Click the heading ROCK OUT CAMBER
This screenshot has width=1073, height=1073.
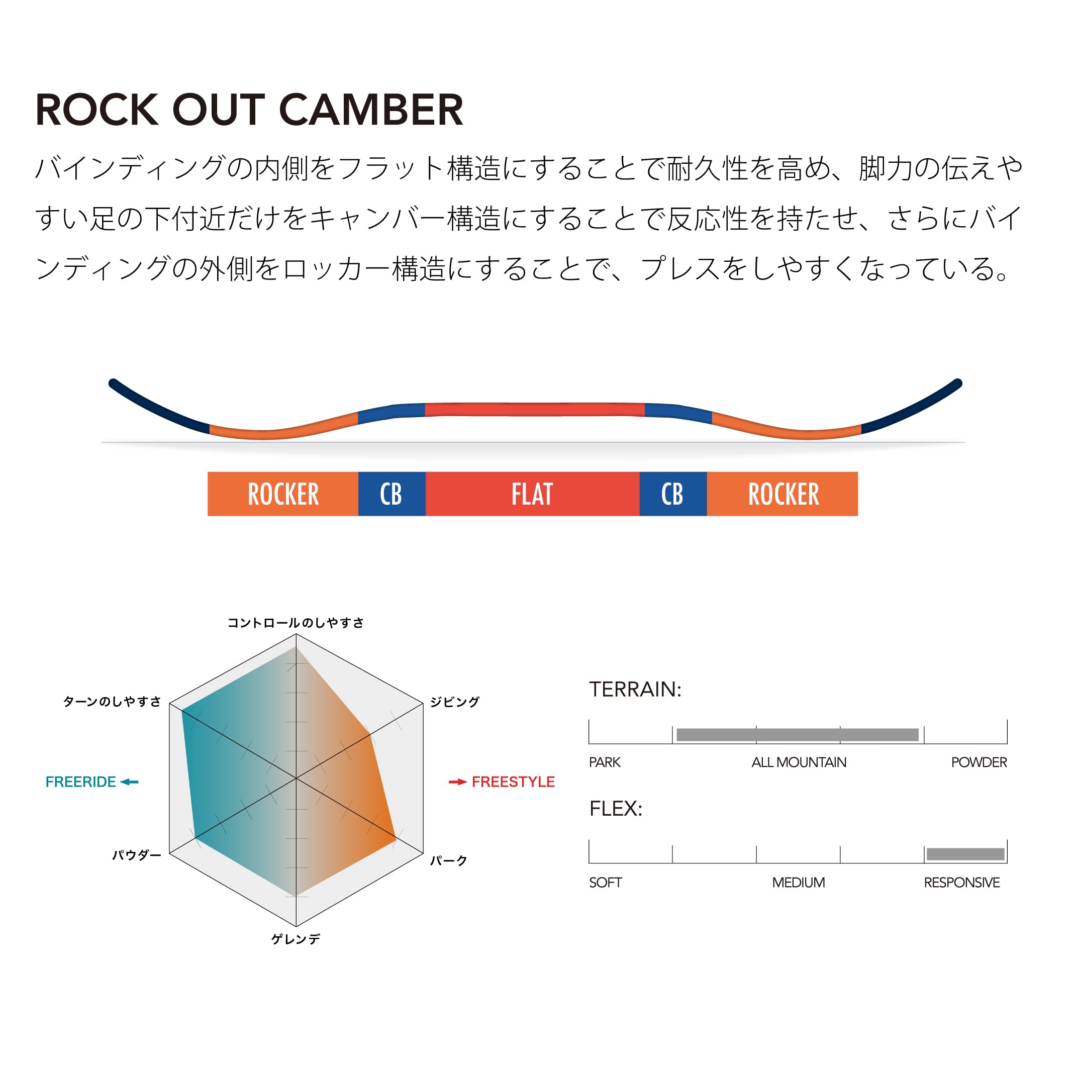pos(249,110)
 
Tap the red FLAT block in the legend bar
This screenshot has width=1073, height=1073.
pos(533,494)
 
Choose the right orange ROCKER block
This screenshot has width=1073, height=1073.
pos(783,494)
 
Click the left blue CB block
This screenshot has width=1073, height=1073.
pos(392,494)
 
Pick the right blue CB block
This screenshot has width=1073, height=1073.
pos(673,494)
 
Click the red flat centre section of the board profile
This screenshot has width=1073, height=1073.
pos(534,409)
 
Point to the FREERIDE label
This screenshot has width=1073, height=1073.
pos(80,782)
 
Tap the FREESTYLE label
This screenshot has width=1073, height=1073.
pos(513,782)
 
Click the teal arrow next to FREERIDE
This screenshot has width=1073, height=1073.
pos(129,782)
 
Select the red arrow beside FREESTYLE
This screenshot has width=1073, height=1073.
pos(458,782)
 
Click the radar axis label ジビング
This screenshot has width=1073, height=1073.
pos(455,702)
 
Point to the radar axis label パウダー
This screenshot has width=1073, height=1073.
pos(137,855)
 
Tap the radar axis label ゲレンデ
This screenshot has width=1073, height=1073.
pos(296,939)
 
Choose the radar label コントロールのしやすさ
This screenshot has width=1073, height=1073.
pos(296,623)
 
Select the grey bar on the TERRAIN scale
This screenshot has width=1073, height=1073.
pos(798,735)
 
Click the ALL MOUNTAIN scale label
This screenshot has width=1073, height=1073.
pos(799,762)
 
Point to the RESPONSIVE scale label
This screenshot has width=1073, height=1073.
pos(962,883)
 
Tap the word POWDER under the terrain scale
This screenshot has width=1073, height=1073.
pos(979,762)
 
